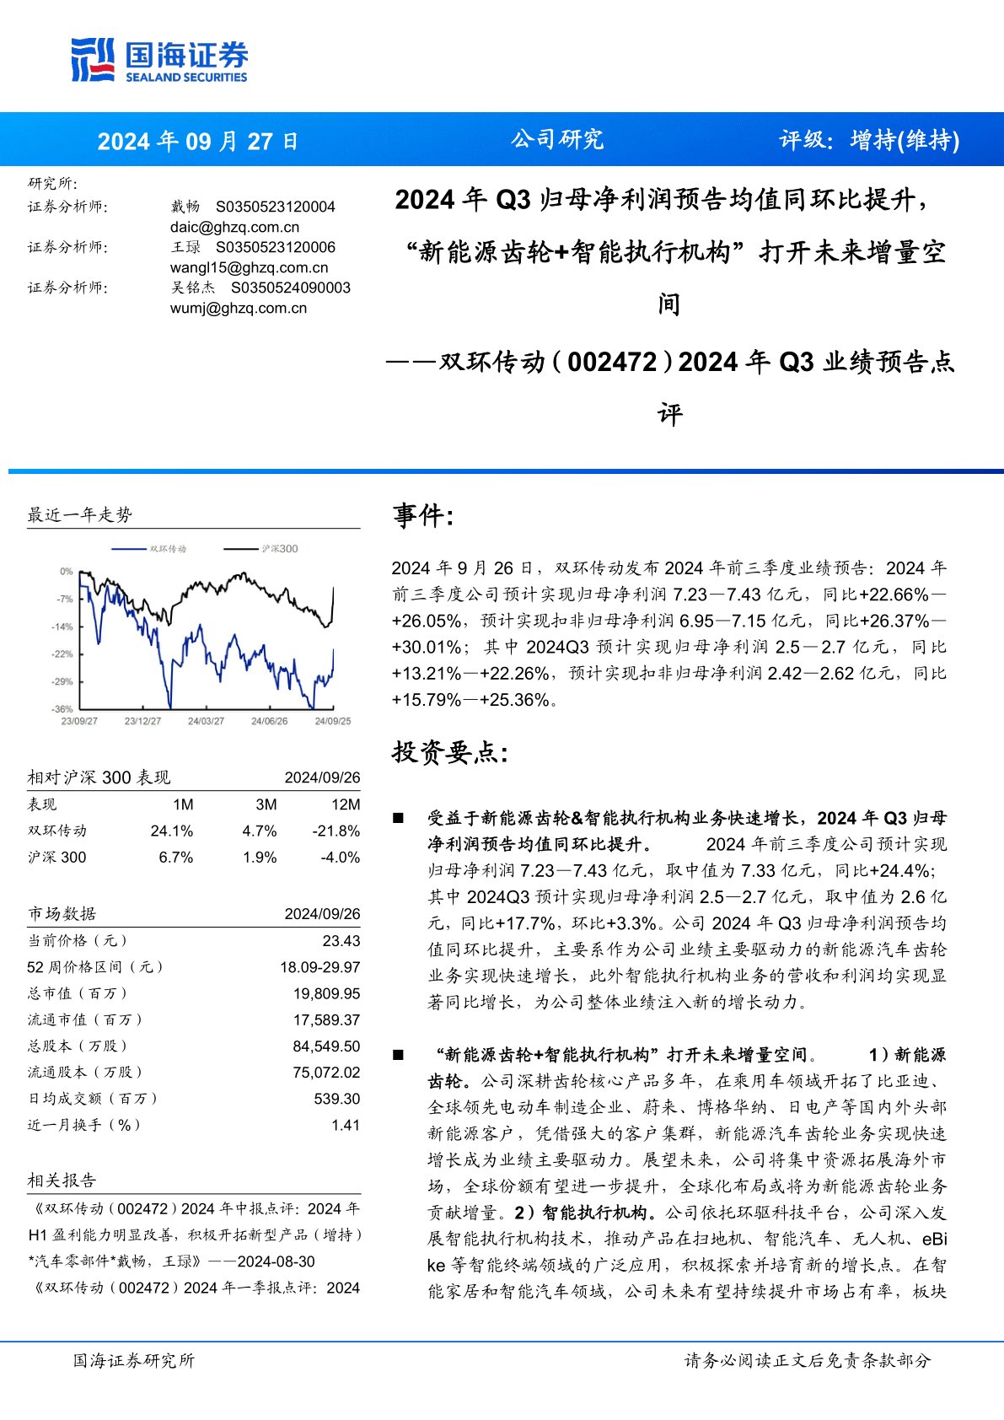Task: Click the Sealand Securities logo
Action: click(159, 60)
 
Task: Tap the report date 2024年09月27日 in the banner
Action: click(197, 141)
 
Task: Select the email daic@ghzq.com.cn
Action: click(234, 227)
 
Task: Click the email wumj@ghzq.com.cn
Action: click(239, 308)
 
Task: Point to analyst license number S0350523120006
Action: click(276, 247)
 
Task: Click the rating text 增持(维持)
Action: click(905, 140)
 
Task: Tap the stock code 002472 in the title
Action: click(612, 362)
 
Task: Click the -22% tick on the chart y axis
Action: click(63, 654)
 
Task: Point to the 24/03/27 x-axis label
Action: click(206, 721)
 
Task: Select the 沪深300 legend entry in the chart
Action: click(279, 549)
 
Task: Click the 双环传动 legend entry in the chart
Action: click(168, 549)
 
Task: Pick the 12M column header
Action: click(346, 804)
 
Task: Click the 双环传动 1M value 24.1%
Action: click(172, 831)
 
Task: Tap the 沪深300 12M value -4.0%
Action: click(340, 857)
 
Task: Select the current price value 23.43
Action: click(341, 940)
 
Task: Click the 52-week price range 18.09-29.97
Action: click(319, 967)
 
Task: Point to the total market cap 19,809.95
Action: click(326, 993)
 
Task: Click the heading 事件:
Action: click(423, 515)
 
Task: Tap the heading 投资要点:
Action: click(450, 752)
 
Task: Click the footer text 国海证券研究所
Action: click(133, 1360)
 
